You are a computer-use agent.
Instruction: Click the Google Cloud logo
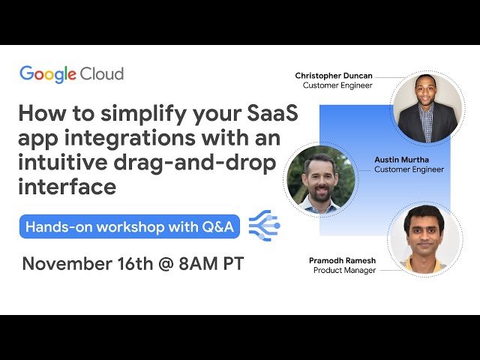pos(71,74)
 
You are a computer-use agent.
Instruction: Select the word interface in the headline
pos(67,186)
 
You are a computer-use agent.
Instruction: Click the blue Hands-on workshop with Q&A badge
pos(130,226)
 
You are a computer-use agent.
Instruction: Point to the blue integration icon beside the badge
pos(264,225)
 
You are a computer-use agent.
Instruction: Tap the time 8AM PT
pos(214,264)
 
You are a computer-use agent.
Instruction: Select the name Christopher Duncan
pos(333,76)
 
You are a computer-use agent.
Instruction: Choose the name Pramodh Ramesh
pos(343,260)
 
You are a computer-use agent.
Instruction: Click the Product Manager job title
pos(344,270)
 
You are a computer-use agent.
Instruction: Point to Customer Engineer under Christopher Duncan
pos(337,85)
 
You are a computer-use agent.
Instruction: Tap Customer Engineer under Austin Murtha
pos(409,169)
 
